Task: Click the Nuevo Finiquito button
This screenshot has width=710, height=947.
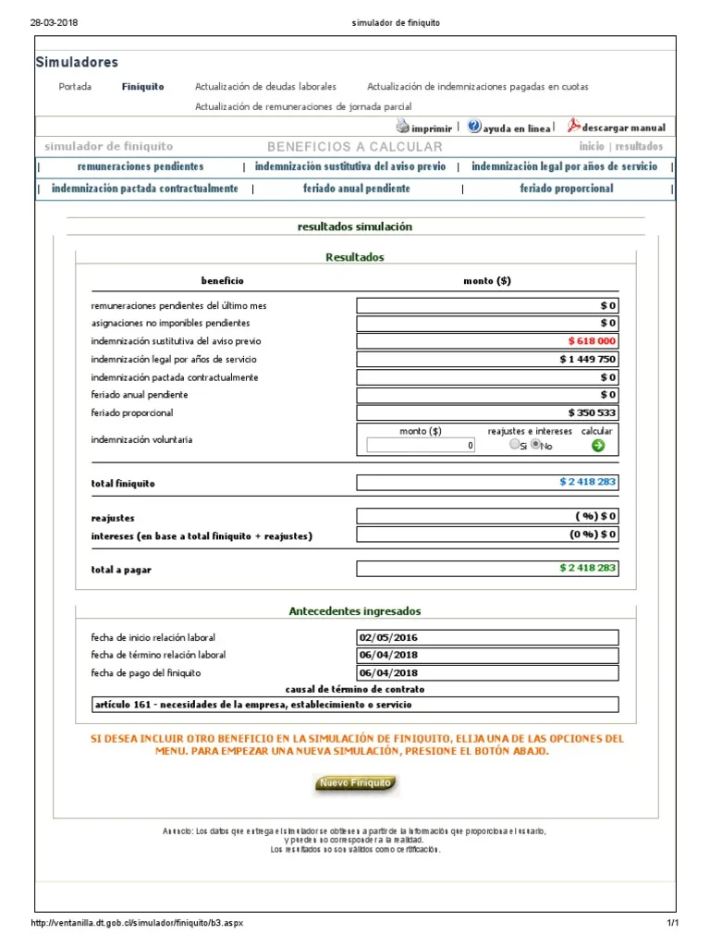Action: point(356,784)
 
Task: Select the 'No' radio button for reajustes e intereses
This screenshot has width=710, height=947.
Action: point(535,445)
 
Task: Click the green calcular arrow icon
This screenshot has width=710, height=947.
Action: point(597,445)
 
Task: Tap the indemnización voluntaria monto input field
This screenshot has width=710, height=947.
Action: point(422,445)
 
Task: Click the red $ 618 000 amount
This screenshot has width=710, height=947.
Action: point(592,341)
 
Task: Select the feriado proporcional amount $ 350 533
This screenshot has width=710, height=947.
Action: point(592,412)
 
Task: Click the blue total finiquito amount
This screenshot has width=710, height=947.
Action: point(587,482)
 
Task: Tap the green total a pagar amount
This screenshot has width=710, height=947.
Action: point(587,568)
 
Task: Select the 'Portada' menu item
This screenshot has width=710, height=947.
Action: point(75,87)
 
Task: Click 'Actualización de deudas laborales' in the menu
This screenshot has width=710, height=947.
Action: point(265,87)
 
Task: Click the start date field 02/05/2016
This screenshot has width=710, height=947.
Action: point(487,637)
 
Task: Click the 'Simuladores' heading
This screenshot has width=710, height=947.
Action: point(77,63)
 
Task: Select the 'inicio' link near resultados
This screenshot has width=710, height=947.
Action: point(592,146)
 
